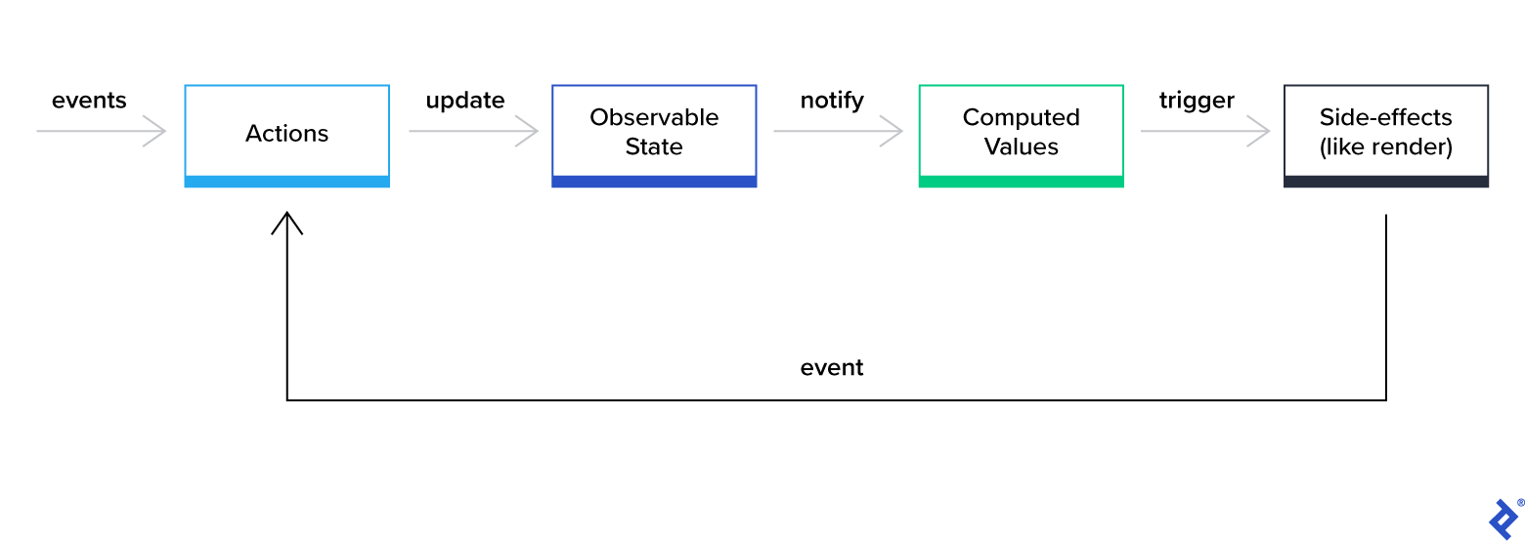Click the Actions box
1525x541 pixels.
286,133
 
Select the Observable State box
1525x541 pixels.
654,133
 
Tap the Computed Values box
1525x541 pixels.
1021,133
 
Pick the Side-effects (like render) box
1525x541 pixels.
1385,133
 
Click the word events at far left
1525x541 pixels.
89,101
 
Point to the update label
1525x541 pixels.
465,101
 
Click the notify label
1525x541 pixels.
832,101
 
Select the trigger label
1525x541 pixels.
1197,101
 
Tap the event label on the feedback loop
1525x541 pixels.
832,368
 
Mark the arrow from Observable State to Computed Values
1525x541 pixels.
839,130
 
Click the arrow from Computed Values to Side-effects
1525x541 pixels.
1205,130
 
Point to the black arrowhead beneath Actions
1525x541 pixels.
286,223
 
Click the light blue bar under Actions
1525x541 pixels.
286,182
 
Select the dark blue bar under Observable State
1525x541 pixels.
654,182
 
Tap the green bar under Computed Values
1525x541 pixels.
1021,182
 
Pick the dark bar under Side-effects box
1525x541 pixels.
1385,182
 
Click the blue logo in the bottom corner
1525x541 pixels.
1502,518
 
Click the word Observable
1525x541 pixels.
654,117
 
